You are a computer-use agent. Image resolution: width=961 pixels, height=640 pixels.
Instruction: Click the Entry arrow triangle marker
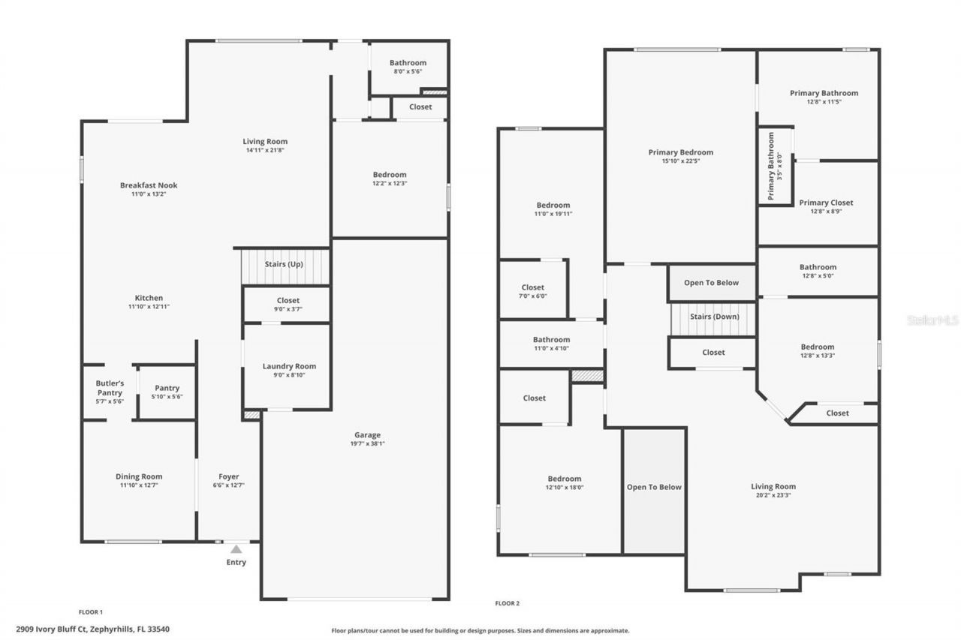pos(236,549)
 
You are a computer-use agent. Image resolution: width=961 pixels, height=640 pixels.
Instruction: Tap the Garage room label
pos(368,434)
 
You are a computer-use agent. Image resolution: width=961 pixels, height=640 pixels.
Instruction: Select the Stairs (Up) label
pos(284,264)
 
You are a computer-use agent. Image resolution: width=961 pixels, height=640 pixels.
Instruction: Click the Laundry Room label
pos(289,366)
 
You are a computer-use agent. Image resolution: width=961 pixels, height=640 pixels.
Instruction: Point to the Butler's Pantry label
pos(110,388)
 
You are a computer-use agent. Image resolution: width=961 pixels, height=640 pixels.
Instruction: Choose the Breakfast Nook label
pos(149,185)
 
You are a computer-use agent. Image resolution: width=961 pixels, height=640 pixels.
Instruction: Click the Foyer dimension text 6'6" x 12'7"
pos(229,485)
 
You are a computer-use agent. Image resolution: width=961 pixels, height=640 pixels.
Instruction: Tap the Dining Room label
pos(139,476)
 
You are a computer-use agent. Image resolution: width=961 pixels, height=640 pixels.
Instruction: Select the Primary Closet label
pos(826,203)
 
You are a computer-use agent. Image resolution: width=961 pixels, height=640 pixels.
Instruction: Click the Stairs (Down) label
pos(714,317)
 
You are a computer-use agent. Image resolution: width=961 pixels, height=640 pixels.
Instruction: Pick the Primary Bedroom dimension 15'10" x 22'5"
pos(681,161)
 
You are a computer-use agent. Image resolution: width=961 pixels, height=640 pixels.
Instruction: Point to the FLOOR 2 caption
pos(508,603)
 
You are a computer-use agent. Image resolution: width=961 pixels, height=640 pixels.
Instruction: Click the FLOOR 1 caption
pos(91,612)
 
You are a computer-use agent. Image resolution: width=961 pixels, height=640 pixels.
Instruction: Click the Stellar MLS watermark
pos(932,320)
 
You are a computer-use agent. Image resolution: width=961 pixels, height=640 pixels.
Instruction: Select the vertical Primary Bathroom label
pos(771,167)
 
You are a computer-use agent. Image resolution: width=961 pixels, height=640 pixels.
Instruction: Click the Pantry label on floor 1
pos(167,388)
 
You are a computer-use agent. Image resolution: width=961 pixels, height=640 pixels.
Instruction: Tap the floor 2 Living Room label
pos(773,486)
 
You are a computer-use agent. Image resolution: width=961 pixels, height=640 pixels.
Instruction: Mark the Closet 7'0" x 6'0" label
pos(533,287)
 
